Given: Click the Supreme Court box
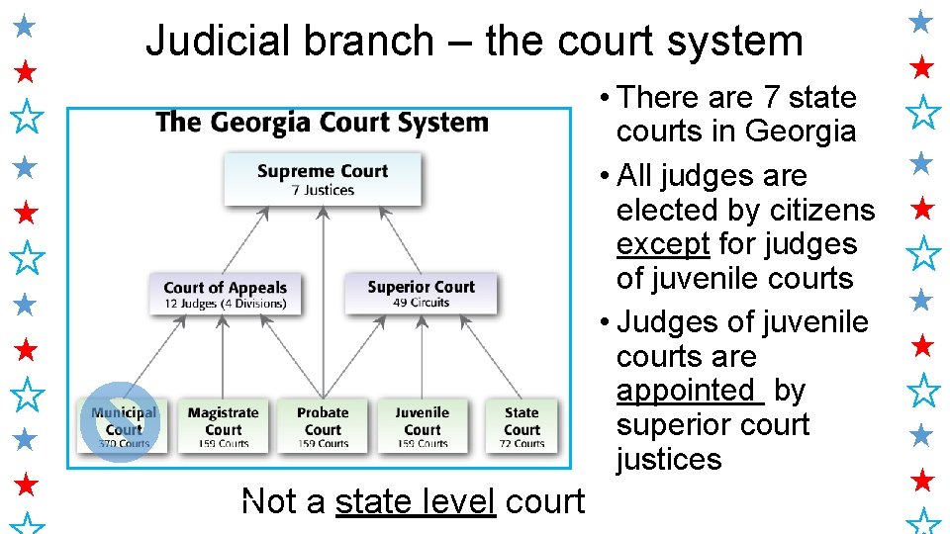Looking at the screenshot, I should coord(322,179).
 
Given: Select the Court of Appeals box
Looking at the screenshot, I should coord(225,295).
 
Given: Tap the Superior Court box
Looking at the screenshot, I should coord(421,294).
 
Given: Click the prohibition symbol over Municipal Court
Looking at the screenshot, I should coord(119,421).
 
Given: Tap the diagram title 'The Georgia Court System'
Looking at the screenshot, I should coord(322,123).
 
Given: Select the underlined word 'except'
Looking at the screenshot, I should coord(663,244).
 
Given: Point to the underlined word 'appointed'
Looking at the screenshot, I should coord(685,391).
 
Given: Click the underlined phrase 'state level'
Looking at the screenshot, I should coord(416,502).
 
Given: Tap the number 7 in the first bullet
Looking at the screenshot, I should coord(771,98).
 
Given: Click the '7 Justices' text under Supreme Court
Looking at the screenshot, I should coord(323,190).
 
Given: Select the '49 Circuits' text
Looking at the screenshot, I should coord(421,303).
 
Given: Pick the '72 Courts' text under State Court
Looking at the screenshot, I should coord(522,443).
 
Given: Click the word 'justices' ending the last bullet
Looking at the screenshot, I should coord(668,460).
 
